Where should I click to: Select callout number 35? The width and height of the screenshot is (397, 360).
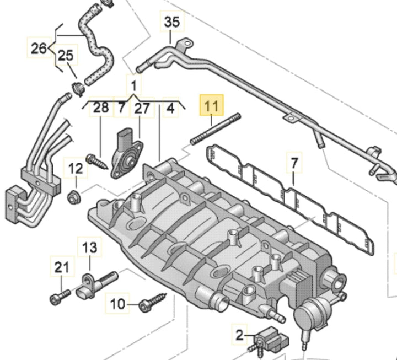[x=172, y=23]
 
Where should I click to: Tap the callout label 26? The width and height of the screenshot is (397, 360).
[x=39, y=49]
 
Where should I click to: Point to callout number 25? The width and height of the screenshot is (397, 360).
[x=66, y=56]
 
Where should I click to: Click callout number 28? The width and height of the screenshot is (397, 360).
[x=101, y=108]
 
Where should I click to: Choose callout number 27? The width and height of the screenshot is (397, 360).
[x=142, y=108]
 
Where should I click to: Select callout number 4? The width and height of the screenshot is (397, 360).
[x=171, y=108]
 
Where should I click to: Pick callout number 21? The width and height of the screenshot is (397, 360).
[x=62, y=268]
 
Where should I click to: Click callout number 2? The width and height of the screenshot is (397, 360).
[x=239, y=334]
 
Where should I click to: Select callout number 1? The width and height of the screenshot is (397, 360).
[x=133, y=86]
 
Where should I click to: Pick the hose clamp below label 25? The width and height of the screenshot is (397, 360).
[x=77, y=85]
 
